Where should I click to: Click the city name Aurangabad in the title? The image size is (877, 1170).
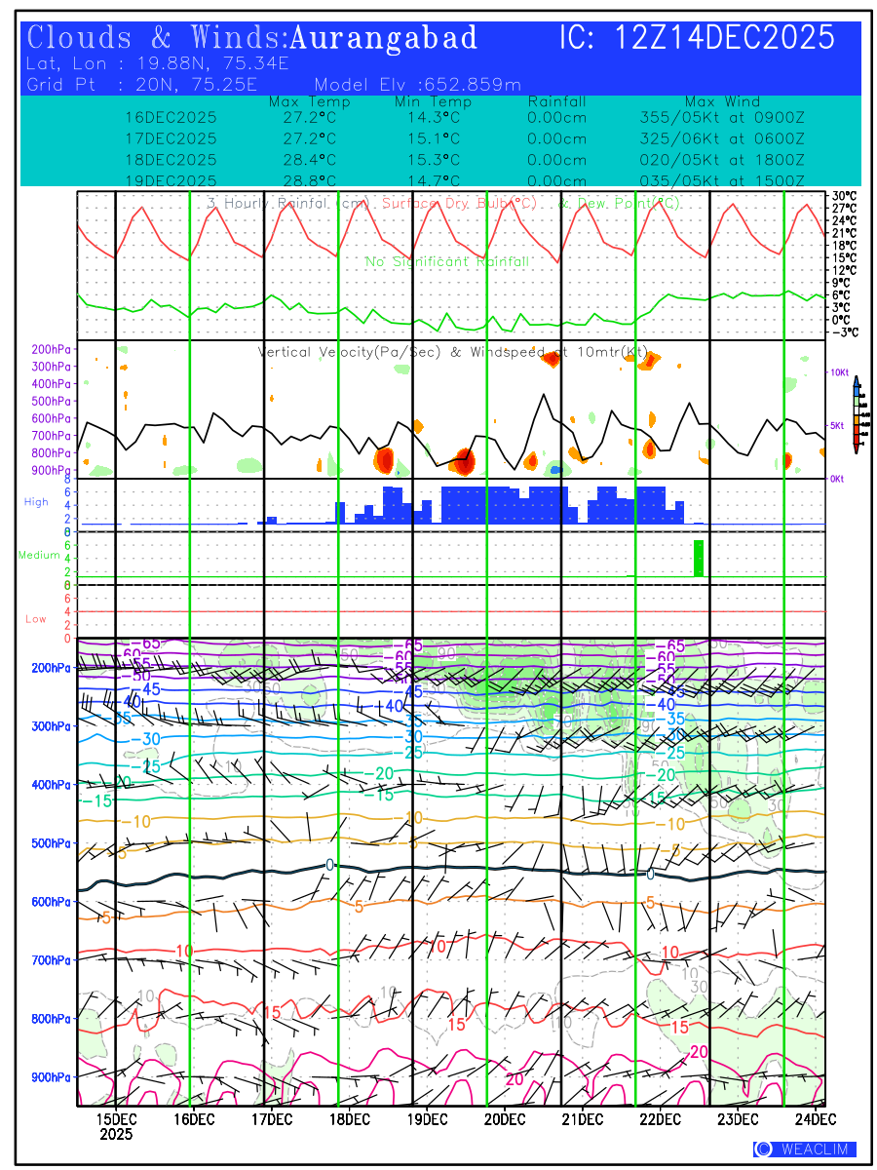[x=384, y=39]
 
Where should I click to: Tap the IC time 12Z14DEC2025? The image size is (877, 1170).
[x=726, y=39]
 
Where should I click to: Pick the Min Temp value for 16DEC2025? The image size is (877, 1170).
[x=434, y=117]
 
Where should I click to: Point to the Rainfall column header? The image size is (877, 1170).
[x=556, y=101]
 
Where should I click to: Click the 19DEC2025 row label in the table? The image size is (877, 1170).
[x=172, y=181]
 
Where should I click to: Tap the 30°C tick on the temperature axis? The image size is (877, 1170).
[x=844, y=196]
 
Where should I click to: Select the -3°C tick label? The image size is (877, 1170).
[x=844, y=331]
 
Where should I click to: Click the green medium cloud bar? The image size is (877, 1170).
[x=698, y=557]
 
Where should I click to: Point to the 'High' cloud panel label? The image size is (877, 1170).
[x=36, y=502]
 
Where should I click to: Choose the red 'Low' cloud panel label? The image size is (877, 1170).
[x=36, y=619]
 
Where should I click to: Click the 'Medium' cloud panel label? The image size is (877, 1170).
[x=39, y=556]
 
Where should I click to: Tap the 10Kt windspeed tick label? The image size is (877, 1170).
[x=841, y=372]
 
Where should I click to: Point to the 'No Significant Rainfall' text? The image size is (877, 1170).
[x=447, y=262]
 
